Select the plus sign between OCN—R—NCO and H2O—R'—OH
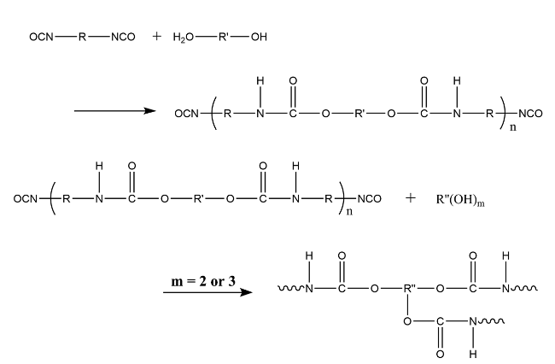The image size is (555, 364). point(156,38)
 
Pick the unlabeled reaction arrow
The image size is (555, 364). point(114,110)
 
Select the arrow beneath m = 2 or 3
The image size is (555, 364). point(208,292)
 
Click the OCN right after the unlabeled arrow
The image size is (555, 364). point(187,111)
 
